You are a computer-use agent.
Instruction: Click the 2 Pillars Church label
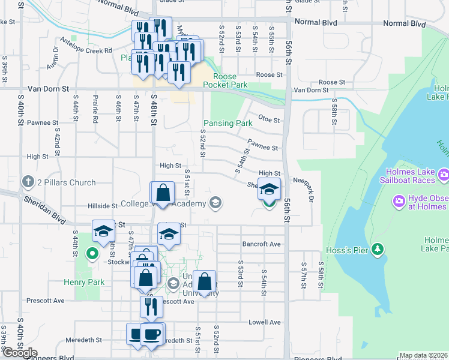(x=66, y=182)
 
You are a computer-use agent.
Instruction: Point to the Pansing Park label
(x=228, y=123)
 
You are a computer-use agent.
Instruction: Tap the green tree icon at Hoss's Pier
(x=378, y=248)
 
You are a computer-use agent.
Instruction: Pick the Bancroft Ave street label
(x=262, y=244)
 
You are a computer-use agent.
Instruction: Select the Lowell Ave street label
(x=267, y=322)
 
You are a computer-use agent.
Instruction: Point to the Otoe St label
(x=269, y=120)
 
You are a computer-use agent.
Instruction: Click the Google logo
(x=20, y=353)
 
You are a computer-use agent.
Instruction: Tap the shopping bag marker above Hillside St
(x=162, y=193)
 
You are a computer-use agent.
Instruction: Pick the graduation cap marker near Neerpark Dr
(x=270, y=189)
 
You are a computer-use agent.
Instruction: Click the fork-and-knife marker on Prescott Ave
(x=151, y=307)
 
